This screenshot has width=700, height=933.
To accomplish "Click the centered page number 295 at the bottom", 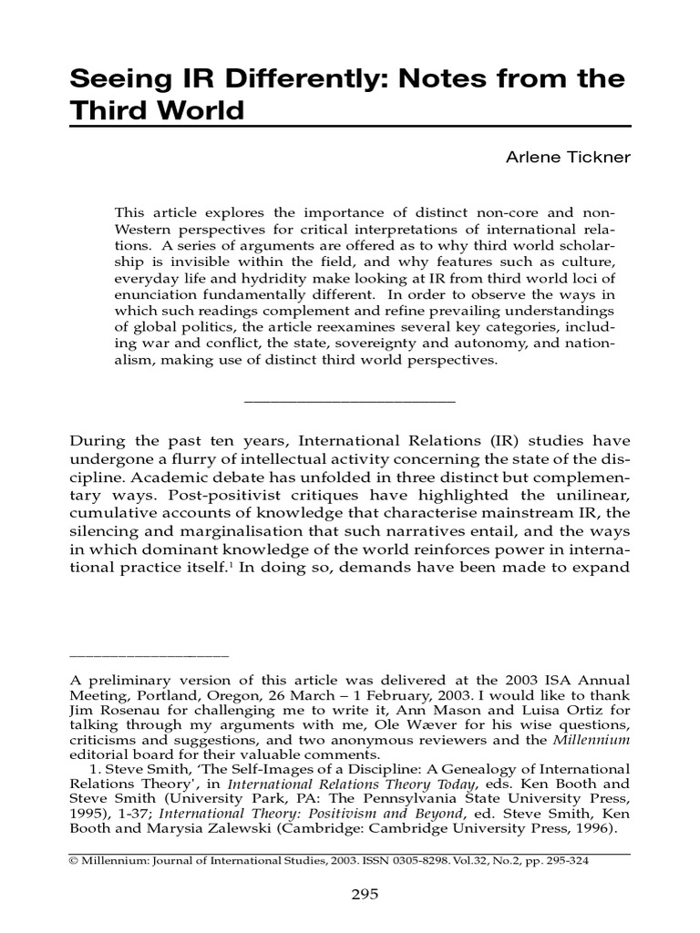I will [x=365, y=894].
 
